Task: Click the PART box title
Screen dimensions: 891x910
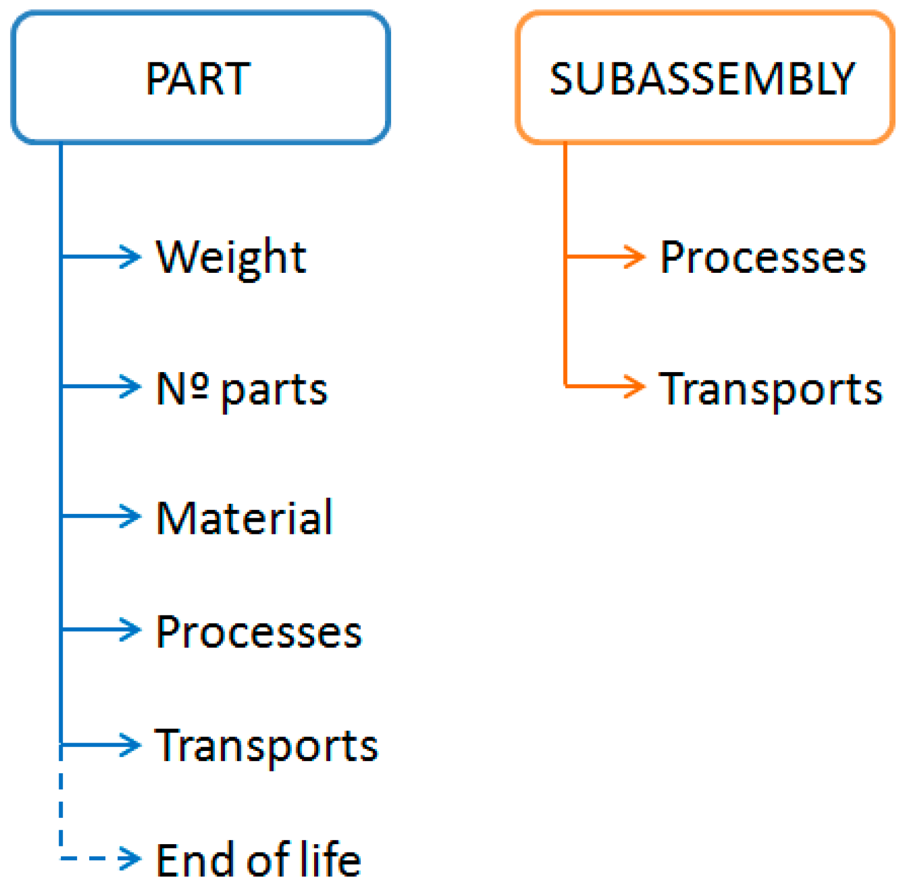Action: [198, 79]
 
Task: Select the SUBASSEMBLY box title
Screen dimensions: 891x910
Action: [702, 79]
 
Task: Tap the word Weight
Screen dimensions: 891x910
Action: [230, 257]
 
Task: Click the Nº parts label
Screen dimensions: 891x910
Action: [241, 388]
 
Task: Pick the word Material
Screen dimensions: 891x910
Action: [244, 518]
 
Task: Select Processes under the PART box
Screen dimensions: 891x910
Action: [258, 632]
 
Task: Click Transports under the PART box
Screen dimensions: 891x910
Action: [266, 746]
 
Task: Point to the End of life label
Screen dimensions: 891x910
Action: [258, 860]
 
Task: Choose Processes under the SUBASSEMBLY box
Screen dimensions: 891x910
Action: [763, 257]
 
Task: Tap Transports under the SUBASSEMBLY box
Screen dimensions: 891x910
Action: [770, 388]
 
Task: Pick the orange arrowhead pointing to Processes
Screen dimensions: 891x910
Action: [635, 257]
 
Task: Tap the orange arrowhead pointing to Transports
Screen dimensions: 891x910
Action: [635, 386]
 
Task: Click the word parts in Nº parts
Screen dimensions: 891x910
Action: [274, 390]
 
